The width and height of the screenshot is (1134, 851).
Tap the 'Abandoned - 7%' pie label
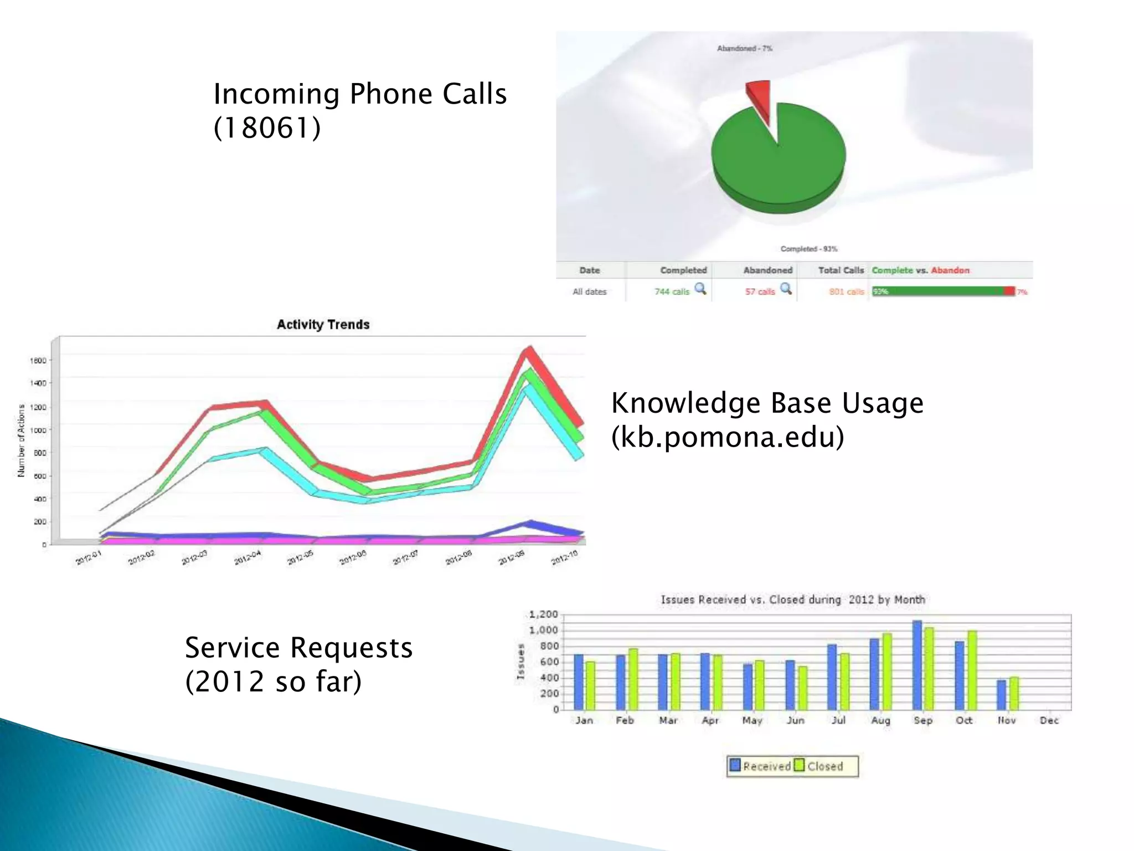[x=744, y=49]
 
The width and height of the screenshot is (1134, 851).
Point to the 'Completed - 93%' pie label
[x=808, y=249]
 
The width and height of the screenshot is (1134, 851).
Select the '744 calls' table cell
[x=672, y=291]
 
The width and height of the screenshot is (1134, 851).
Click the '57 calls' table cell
[x=760, y=291]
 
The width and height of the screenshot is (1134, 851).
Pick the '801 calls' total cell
[x=846, y=291]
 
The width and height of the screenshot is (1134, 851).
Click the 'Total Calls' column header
[x=841, y=270]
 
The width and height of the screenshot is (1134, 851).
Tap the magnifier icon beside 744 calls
[x=700, y=289]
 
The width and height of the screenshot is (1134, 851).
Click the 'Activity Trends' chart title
[x=323, y=325]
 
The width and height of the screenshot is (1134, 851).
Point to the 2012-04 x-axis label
[x=247, y=557]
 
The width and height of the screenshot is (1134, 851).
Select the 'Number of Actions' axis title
[x=21, y=440]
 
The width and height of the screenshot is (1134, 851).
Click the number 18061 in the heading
[x=267, y=128]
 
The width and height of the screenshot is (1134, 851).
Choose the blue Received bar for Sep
[x=917, y=665]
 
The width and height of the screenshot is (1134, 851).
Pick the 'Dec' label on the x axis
[x=1049, y=720]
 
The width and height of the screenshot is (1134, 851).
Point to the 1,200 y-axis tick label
[x=543, y=614]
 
